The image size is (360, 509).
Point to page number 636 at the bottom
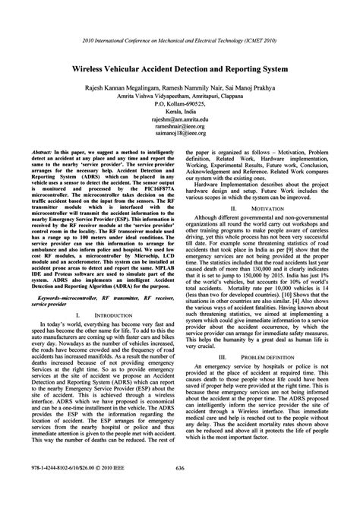tap(180, 489)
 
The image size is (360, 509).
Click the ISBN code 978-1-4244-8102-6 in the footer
tap(46, 489)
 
